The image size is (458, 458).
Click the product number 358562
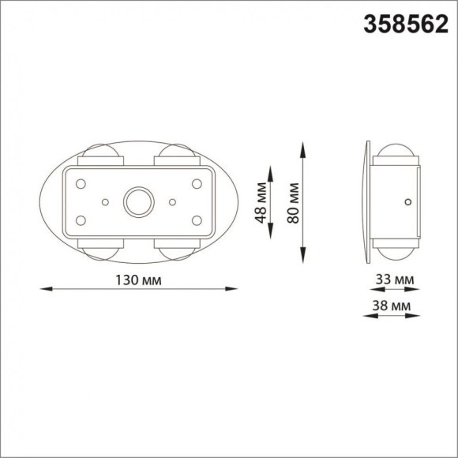pos(405,24)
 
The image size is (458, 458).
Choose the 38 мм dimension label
pos(392,304)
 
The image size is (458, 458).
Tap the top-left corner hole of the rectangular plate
pos(80,182)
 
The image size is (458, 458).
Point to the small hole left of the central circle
pos(105,201)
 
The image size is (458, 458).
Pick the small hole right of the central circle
pos(172,201)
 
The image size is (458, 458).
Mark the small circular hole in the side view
pos(407,202)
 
